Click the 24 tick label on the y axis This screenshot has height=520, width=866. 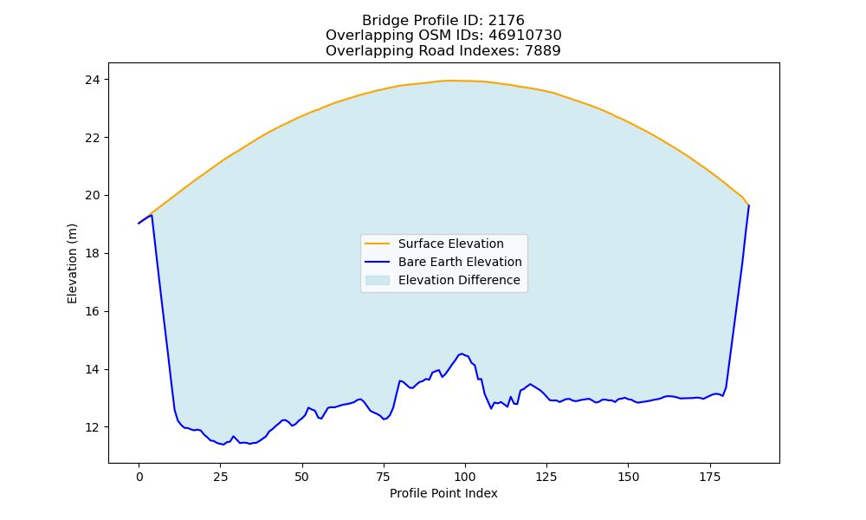93,80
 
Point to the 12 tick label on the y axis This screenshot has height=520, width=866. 93,428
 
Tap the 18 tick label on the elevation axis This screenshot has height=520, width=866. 93,254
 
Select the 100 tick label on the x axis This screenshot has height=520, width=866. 464,477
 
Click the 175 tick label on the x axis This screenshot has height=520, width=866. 710,477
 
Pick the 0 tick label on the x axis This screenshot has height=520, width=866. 139,477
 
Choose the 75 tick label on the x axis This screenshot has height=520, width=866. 384,477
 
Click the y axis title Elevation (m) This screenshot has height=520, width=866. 72,263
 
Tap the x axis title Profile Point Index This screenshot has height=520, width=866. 443,493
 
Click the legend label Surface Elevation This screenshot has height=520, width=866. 450,244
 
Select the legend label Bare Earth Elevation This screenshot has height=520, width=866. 460,262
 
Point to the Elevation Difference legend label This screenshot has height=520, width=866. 459,280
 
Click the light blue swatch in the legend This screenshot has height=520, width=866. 378,280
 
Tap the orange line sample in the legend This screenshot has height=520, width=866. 378,244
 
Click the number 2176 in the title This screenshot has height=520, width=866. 506,21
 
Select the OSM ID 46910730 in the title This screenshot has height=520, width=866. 525,36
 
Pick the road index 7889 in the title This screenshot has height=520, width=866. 542,51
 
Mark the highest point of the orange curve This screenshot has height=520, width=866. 449,81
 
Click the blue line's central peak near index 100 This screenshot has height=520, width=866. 462,354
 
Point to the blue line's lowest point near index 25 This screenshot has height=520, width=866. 223,445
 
